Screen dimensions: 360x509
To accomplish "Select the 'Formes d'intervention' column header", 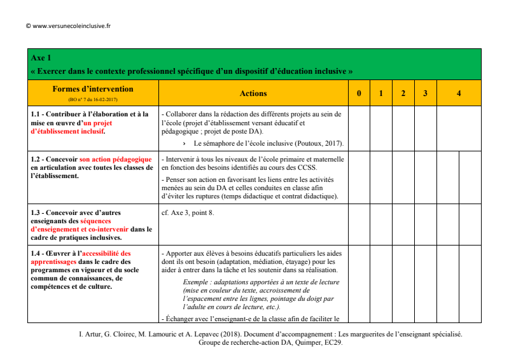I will coord(93,89).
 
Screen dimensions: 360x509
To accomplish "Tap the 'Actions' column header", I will coord(253,93).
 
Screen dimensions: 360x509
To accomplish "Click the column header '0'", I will coord(359,93).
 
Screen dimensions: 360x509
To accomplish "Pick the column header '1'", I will coord(381,93).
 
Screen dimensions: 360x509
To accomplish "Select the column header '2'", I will coord(403,93).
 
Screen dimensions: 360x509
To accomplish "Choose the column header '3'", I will coord(426,93).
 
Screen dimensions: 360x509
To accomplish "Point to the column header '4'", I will coord(459,93).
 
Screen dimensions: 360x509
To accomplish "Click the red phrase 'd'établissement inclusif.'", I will coord(68,132).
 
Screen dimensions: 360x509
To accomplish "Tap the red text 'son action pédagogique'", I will coord(116,159).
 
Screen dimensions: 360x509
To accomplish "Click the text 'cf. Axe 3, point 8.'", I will coord(188,212).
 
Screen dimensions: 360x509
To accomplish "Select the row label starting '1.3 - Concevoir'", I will coord(76,212).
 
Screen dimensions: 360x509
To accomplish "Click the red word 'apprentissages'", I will coord(54,261).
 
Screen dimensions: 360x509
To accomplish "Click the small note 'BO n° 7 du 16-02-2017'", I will coord(93,100).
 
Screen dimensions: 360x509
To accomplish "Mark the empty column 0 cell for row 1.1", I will coord(359,128).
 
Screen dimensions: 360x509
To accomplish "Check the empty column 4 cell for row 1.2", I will coord(459,177).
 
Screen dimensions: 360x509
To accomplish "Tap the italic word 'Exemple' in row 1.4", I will coord(197,281).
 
